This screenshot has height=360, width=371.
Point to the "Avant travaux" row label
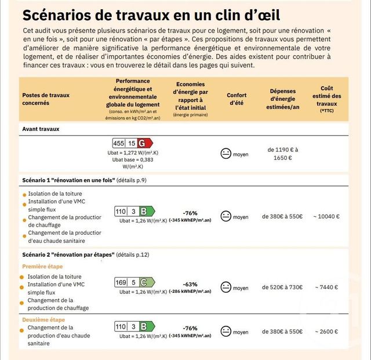(41, 129)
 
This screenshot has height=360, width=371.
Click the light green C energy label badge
(147, 282)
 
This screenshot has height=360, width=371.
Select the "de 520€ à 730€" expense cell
(282, 288)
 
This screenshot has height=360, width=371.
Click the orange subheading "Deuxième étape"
(43, 319)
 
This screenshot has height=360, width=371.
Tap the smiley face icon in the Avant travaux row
(226, 154)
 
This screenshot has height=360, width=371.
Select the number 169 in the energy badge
(121, 282)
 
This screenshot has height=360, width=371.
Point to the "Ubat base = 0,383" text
(133, 159)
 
